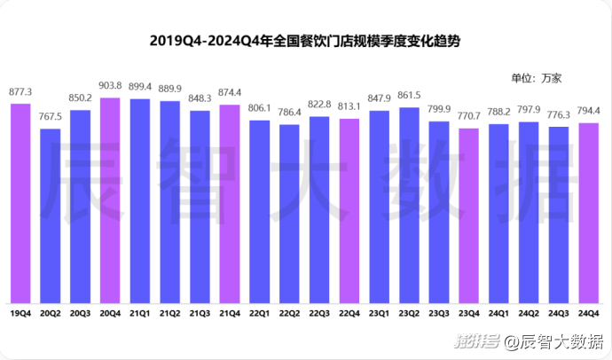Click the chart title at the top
click(306, 41)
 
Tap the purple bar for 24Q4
click(588, 212)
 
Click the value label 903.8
click(110, 86)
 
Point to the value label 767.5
click(51, 117)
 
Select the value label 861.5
click(409, 96)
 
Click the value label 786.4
click(289, 113)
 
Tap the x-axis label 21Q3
click(200, 313)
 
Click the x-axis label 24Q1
click(498, 313)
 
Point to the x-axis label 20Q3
click(81, 313)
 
